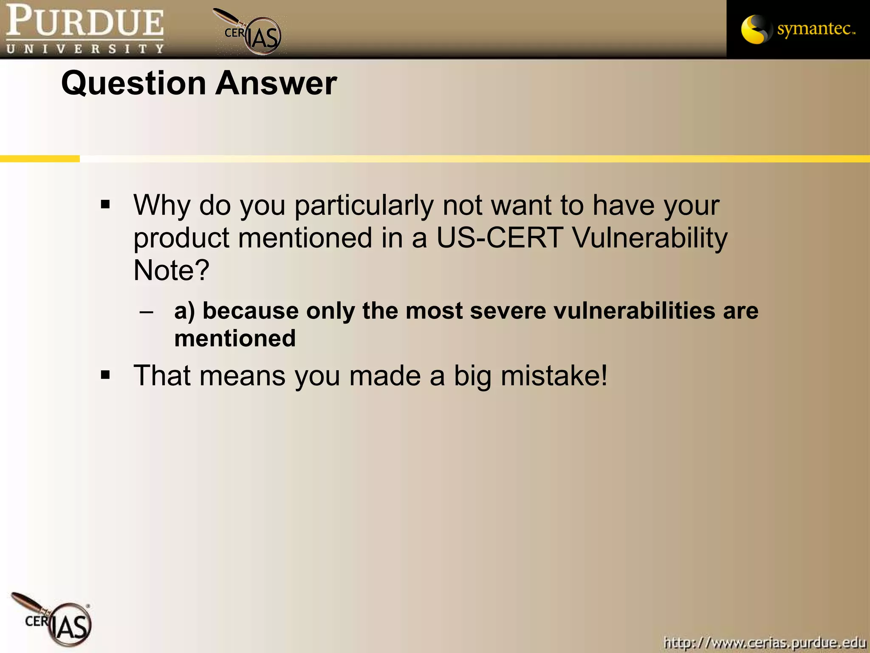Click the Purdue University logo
point(85,29)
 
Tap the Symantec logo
point(798,29)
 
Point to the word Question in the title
point(134,83)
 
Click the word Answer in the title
point(276,83)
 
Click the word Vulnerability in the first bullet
point(650,238)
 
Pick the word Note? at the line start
point(171,270)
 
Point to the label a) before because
point(184,311)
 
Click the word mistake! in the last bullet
point(554,376)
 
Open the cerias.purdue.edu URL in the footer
point(765,642)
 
